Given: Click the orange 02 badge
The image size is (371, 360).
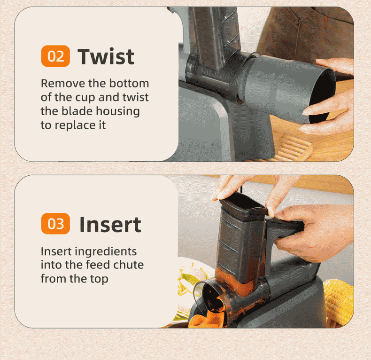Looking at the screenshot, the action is tap(55, 56).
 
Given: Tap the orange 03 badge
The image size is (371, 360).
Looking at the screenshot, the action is tap(55, 224).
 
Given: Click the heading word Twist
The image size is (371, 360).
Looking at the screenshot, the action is tap(106, 56).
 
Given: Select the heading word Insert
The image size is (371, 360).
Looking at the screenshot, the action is tap(110, 224).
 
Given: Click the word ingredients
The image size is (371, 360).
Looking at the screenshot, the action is tap(106, 252).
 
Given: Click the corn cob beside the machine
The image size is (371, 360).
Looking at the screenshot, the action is tap(339, 302).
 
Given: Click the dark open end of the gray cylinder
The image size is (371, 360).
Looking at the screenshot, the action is tap(322, 96).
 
